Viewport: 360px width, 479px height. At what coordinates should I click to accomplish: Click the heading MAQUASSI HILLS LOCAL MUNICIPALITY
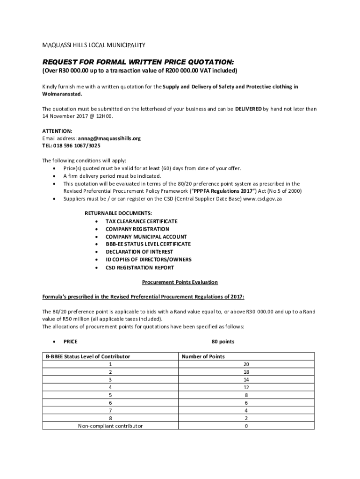(x=94, y=45)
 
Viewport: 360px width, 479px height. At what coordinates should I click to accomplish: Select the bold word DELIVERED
(x=248, y=109)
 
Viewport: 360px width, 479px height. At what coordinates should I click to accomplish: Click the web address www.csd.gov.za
(x=262, y=199)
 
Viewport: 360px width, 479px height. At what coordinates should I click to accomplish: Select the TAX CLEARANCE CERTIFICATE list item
(x=141, y=221)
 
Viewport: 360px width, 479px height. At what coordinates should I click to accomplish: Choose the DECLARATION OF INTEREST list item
(x=139, y=252)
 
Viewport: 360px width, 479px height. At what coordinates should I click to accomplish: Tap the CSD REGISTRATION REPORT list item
(x=139, y=268)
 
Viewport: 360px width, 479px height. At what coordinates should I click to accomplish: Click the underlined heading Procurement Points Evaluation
(x=180, y=283)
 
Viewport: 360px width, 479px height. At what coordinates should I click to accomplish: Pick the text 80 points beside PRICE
(x=223, y=341)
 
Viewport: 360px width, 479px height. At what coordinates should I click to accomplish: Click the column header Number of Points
(x=203, y=356)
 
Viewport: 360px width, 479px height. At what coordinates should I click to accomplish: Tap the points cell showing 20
(x=246, y=364)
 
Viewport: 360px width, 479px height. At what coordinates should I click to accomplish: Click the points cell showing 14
(x=246, y=379)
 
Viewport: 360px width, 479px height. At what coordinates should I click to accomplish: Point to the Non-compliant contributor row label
(x=110, y=426)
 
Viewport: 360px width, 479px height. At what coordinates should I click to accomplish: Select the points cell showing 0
(x=246, y=426)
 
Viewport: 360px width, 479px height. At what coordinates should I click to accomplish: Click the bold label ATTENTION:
(x=57, y=131)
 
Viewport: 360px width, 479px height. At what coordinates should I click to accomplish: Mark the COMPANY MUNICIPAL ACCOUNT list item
(x=146, y=237)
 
